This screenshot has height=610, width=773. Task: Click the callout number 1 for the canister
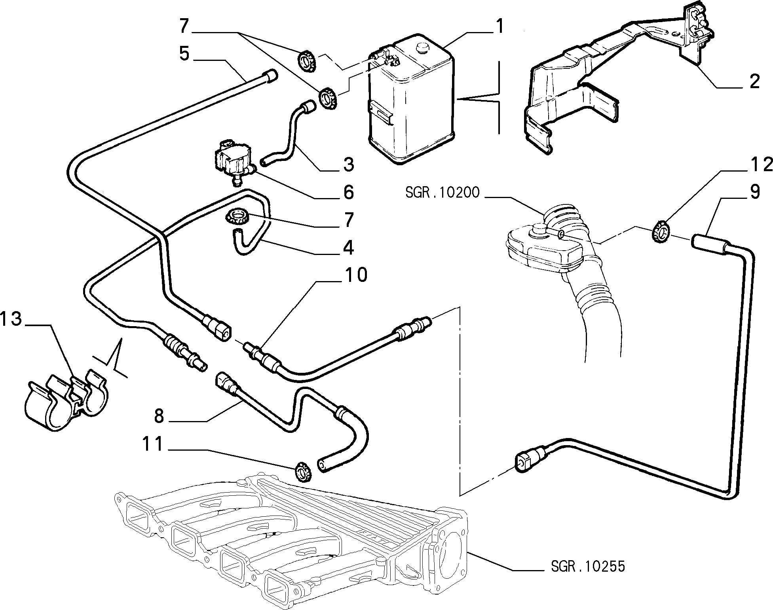pyautogui.click(x=500, y=27)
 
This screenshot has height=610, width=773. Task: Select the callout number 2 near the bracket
pyautogui.click(x=754, y=81)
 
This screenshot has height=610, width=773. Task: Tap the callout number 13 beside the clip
pyautogui.click(x=11, y=319)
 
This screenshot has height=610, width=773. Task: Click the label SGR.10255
pyautogui.click(x=588, y=566)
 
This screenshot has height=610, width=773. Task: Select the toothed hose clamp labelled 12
pyautogui.click(x=660, y=232)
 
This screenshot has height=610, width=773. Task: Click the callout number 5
pyautogui.click(x=184, y=54)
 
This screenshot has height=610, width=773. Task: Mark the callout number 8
pyautogui.click(x=159, y=416)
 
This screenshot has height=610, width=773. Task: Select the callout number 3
pyautogui.click(x=348, y=164)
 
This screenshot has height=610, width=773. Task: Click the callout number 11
pyautogui.click(x=153, y=444)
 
